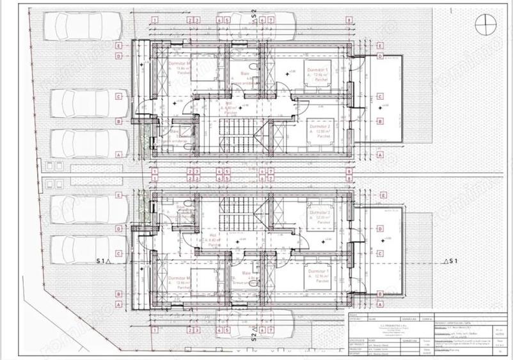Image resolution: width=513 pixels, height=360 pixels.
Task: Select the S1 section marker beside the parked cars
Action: (x=103, y=261)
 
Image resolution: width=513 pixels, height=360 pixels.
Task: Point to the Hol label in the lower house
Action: (x=212, y=235)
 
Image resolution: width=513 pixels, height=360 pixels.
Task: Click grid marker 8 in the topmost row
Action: (x=349, y=20)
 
